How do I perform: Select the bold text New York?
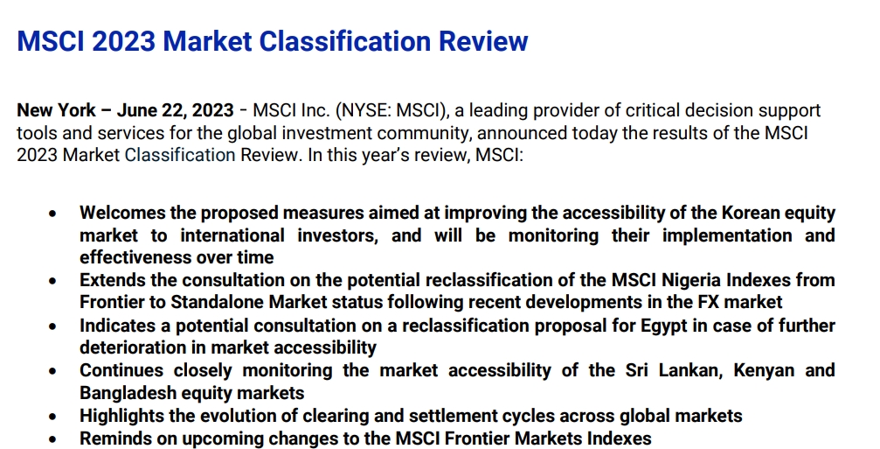[x=57, y=110]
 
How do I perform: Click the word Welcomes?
[x=123, y=213]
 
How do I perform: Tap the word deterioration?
[x=132, y=347]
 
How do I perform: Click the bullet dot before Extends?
[x=54, y=281]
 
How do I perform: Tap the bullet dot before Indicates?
[x=54, y=326]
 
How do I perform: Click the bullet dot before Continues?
[x=54, y=371]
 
